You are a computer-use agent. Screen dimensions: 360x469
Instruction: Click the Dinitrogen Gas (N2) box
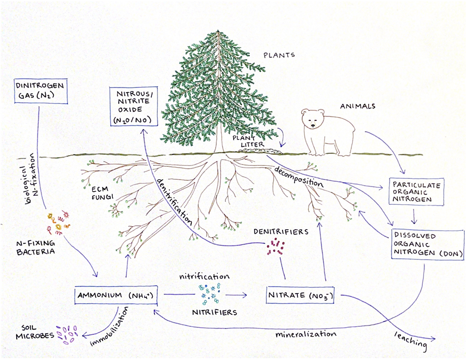[41, 91]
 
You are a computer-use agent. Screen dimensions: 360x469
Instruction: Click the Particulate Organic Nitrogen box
[415, 191]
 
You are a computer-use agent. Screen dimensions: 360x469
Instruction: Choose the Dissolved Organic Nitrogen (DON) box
[427, 244]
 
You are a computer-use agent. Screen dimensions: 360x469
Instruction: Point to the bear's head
[315, 120]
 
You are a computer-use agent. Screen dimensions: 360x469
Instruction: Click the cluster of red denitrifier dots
[276, 247]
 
